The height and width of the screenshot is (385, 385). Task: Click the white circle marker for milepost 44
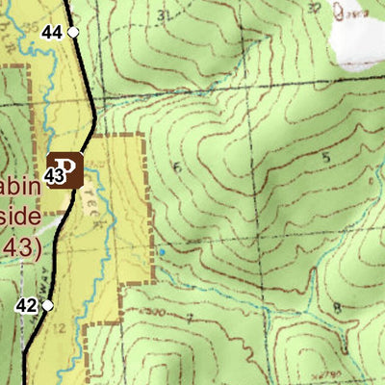pos(72,32)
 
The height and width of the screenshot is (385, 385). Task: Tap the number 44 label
pos(52,32)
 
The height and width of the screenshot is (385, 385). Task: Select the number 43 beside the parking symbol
pos(54,176)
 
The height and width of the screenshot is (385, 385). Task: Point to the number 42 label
pos(27,306)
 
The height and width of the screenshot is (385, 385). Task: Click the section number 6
pos(176,167)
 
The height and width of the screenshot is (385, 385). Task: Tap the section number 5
pos(326,156)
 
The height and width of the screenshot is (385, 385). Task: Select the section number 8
pos(335,308)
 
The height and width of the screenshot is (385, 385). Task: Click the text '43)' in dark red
pos(20,247)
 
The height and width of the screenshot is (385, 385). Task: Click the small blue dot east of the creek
pos(162,252)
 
